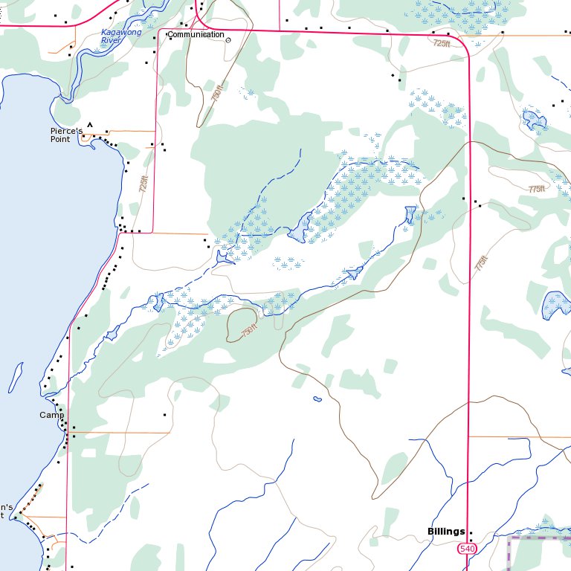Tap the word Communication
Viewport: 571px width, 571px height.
pyautogui.click(x=196, y=35)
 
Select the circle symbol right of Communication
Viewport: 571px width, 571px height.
pyautogui.click(x=228, y=40)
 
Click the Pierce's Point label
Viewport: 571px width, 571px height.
pyautogui.click(x=65, y=135)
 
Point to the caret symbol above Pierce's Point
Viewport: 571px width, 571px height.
pyautogui.click(x=90, y=125)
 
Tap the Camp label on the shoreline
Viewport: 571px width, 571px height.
pyautogui.click(x=52, y=415)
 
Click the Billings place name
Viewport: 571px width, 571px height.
pyautogui.click(x=446, y=531)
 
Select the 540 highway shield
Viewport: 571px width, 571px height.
pyautogui.click(x=466, y=549)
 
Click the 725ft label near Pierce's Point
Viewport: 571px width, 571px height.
pyautogui.click(x=144, y=184)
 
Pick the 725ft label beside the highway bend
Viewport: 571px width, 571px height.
pyautogui.click(x=442, y=44)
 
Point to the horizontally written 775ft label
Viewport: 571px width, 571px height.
pyautogui.click(x=536, y=190)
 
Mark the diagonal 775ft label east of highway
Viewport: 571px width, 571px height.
pyautogui.click(x=482, y=263)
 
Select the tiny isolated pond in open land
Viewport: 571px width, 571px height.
pyautogui.click(x=317, y=399)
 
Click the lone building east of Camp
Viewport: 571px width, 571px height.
pyautogui.click(x=164, y=414)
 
